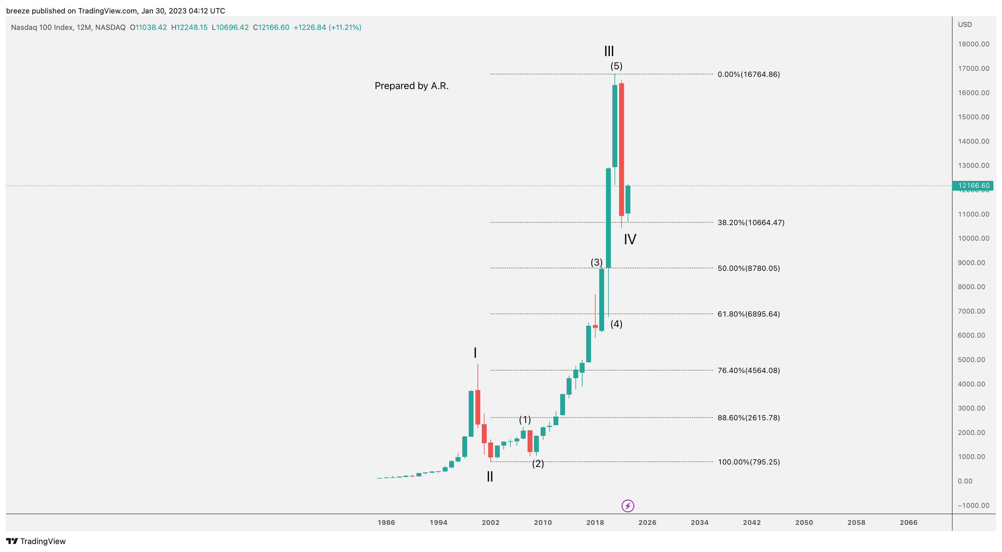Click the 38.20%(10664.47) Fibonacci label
751,223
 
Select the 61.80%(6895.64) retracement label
748,314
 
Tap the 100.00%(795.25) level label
748,462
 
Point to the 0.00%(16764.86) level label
748,74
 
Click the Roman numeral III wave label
609,51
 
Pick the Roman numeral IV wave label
630,239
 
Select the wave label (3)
596,262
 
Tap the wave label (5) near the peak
616,66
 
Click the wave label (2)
538,464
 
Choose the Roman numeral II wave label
490,477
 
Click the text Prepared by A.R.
411,86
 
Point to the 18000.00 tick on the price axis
973,44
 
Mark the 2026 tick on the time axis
647,523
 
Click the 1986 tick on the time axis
386,523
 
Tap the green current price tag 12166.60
973,186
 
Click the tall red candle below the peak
621,150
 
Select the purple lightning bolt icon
627,506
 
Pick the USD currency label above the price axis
965,24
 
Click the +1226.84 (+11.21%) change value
327,27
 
